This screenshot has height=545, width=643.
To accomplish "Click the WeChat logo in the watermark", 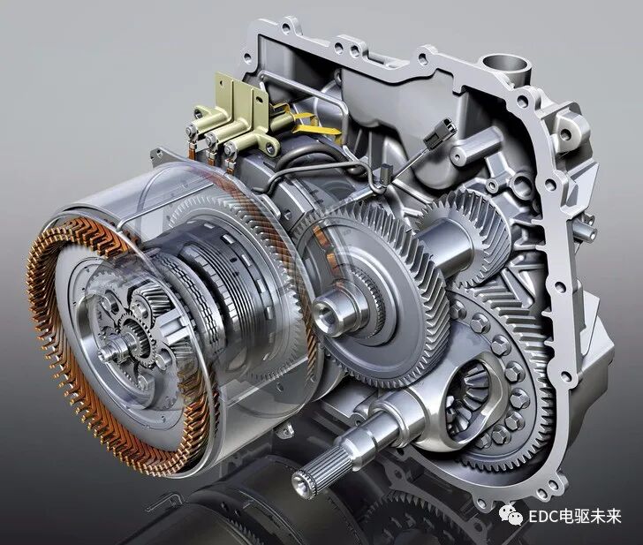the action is click(x=511, y=515).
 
